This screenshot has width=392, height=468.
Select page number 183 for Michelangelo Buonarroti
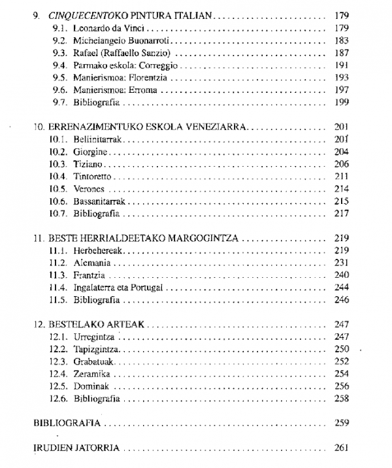(342, 41)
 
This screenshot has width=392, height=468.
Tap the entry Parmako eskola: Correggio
(115, 65)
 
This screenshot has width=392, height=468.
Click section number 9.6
(60, 90)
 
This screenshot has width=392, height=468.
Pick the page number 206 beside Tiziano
(342, 163)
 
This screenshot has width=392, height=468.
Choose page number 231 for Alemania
(342, 262)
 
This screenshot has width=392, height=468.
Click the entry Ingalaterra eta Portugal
(118, 287)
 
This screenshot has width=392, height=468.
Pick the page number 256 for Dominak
(342, 386)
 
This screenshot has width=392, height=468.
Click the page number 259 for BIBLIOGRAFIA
(342, 423)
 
